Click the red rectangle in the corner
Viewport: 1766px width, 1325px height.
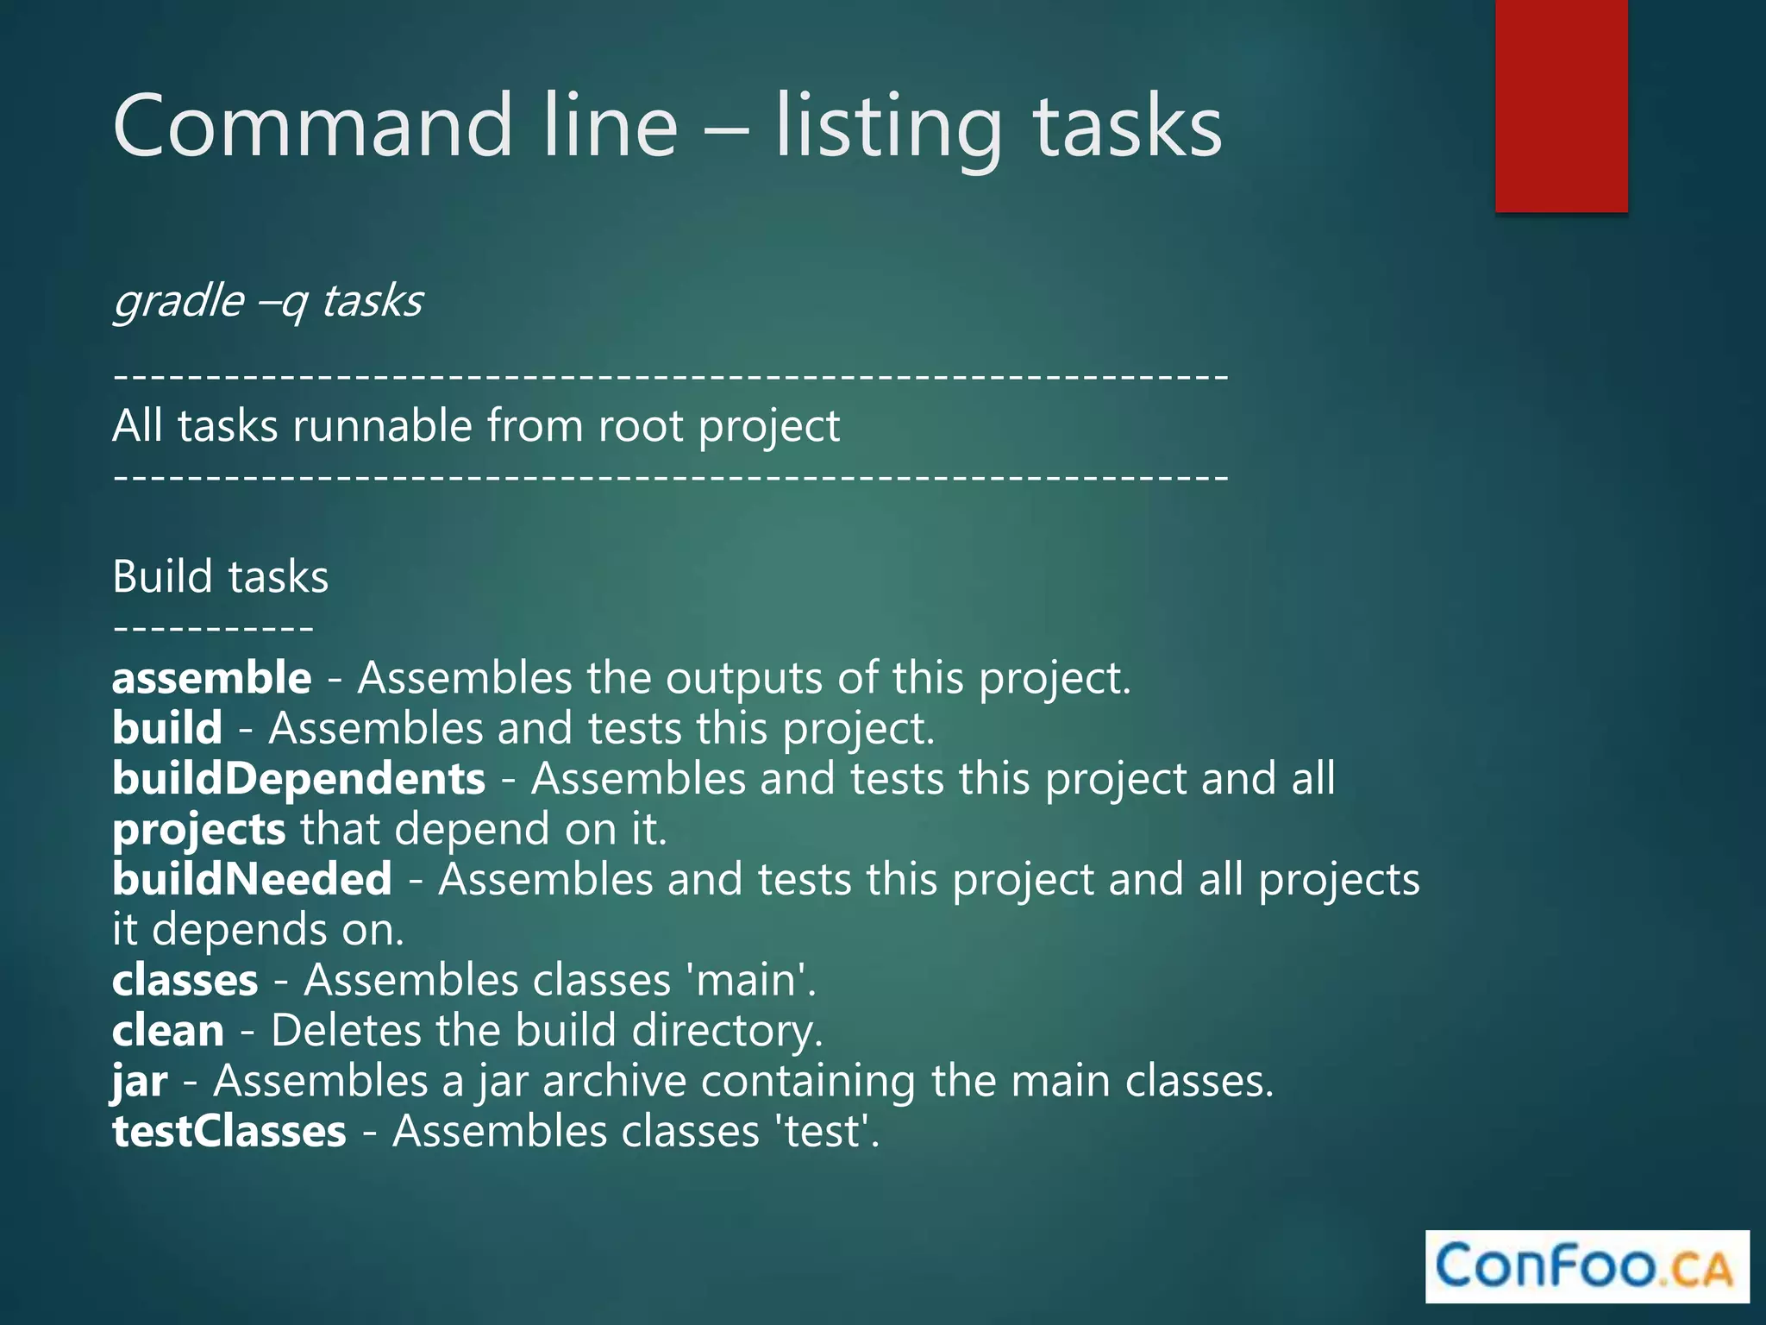1561,105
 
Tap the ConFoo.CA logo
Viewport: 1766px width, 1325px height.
1587,1266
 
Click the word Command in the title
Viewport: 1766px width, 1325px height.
310,127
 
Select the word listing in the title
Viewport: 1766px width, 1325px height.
888,129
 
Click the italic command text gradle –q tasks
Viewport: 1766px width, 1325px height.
268,301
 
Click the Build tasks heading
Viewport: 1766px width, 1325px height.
221,576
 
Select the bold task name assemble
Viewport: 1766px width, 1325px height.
211,678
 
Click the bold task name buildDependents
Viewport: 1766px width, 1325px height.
298,779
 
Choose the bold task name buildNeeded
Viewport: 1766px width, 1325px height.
252,880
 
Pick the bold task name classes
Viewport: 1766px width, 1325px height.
185,981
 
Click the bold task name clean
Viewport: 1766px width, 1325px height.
168,1031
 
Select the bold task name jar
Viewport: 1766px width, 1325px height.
140,1082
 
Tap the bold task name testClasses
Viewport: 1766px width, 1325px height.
229,1132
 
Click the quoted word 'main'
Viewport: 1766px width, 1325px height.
749,981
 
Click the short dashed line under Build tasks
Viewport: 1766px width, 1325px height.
213,628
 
